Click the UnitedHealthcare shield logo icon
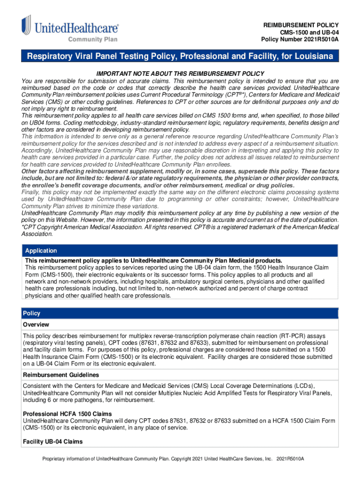(26, 25)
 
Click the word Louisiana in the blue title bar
(311, 57)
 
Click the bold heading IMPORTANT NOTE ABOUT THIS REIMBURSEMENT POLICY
(180, 74)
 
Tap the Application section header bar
(180, 251)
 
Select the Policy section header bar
(180, 313)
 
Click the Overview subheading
(36, 325)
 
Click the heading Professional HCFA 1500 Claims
(67, 414)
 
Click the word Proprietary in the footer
(56, 459)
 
